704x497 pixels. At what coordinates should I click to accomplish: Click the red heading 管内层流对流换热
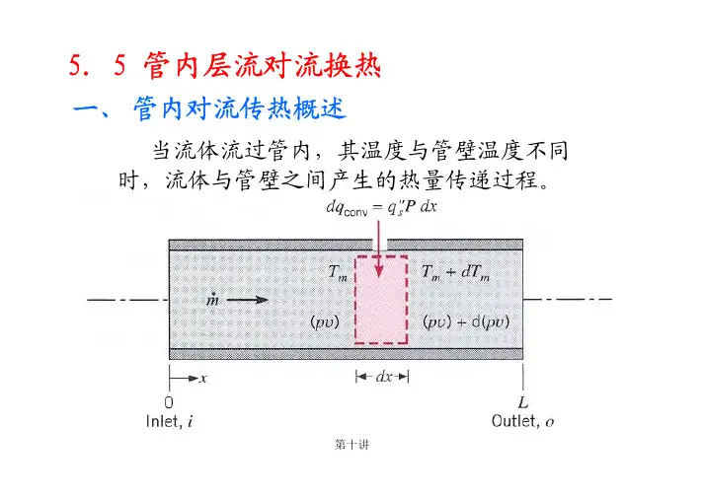(x=263, y=66)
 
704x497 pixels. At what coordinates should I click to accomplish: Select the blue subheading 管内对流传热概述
(x=240, y=109)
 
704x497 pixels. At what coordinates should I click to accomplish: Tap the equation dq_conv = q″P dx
(x=381, y=208)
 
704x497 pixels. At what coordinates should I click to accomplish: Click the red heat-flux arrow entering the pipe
(x=379, y=248)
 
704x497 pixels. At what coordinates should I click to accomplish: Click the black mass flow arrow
(x=247, y=300)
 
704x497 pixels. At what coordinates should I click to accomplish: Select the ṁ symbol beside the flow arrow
(x=212, y=299)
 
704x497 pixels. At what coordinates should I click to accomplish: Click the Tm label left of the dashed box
(x=338, y=273)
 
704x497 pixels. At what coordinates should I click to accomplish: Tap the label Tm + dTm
(x=456, y=272)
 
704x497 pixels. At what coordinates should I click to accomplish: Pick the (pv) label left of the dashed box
(x=325, y=322)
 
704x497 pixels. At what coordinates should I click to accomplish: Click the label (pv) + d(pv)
(x=466, y=322)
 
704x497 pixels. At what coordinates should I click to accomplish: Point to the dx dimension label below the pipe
(x=384, y=377)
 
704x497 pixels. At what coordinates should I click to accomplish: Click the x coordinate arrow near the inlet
(x=184, y=379)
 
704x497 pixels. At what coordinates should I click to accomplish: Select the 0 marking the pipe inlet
(x=169, y=402)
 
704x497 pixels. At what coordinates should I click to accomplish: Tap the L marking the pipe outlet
(x=523, y=402)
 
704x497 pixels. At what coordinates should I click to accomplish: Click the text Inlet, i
(x=170, y=422)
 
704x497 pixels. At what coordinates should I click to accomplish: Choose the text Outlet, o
(x=523, y=422)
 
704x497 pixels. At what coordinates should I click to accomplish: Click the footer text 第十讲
(x=352, y=445)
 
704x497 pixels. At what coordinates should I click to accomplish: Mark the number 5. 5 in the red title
(x=98, y=66)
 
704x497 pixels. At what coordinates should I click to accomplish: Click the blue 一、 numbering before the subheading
(x=91, y=110)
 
